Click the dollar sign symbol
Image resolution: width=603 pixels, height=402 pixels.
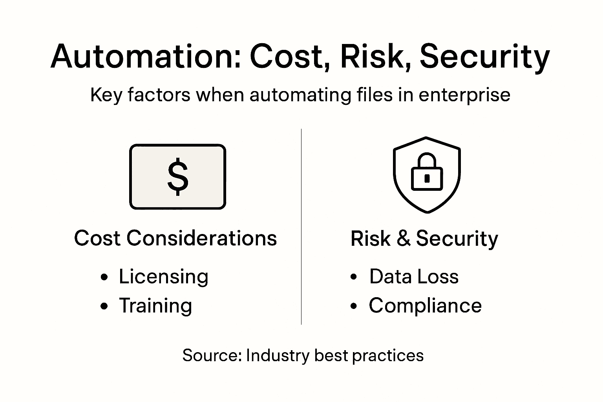tap(178, 177)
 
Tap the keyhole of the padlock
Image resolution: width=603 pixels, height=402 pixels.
tap(427, 178)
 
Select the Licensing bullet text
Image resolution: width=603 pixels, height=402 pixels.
tap(163, 277)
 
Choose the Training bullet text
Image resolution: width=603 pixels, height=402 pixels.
tap(155, 306)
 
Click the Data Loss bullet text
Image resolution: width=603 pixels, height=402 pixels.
tap(414, 276)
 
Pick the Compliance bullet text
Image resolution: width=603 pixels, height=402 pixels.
tap(425, 305)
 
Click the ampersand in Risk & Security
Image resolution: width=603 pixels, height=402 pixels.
tap(403, 238)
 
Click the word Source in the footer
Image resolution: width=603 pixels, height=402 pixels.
tap(212, 355)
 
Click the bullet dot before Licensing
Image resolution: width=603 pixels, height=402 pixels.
tap(104, 277)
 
